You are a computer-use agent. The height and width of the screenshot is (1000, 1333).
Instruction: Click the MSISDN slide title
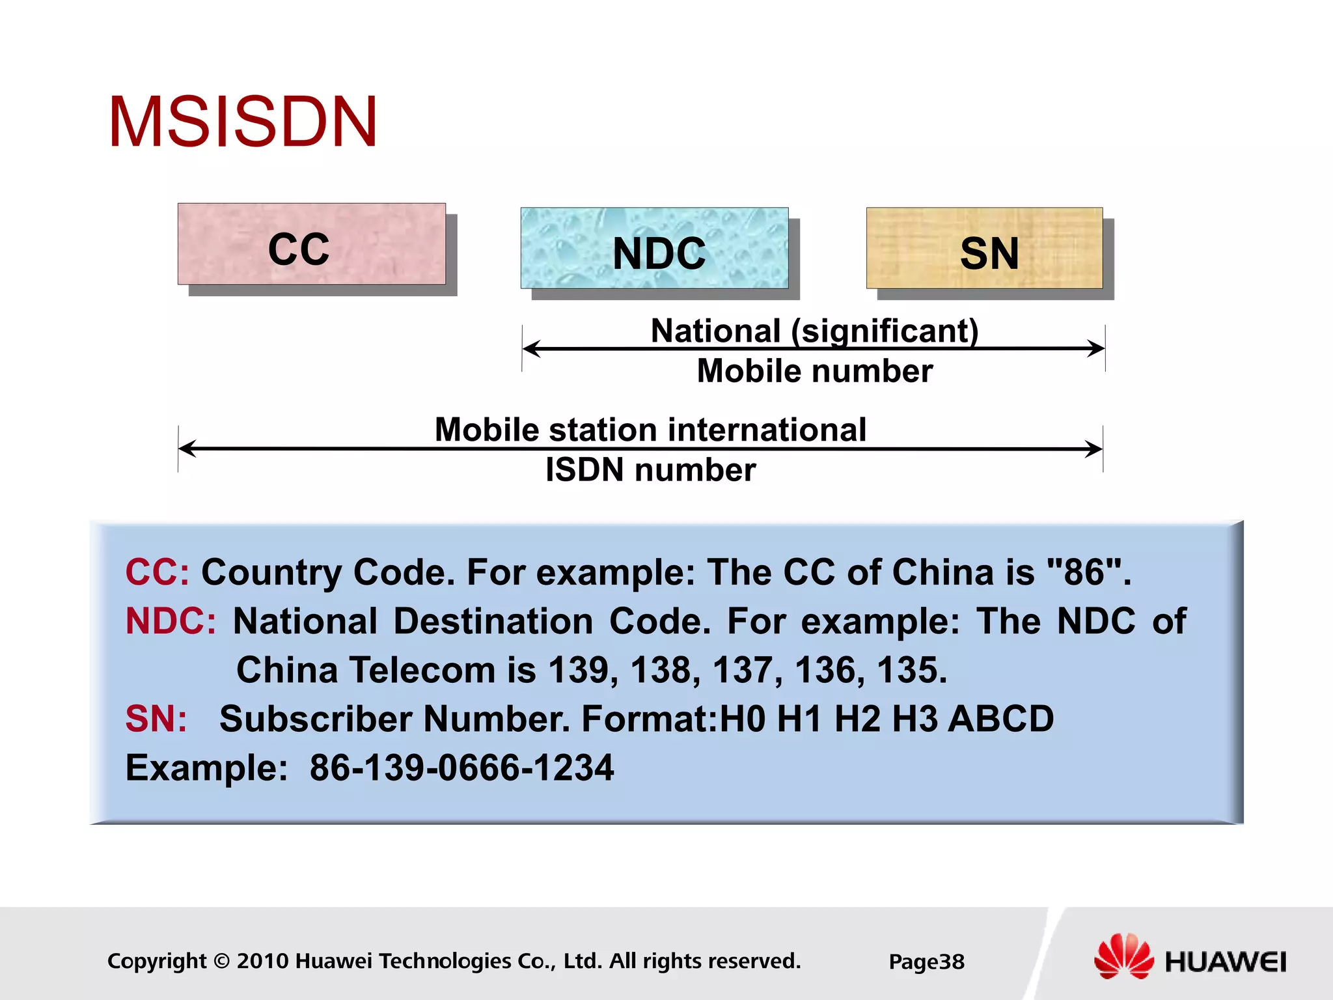(242, 122)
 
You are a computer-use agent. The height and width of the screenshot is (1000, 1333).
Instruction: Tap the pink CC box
(311, 244)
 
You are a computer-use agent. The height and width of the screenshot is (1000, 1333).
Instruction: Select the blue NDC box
(654, 248)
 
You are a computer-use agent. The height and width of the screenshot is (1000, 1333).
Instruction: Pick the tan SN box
(984, 248)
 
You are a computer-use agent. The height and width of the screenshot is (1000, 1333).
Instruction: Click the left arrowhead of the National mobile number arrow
(531, 348)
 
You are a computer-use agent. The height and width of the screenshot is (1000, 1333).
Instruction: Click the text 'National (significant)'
(814, 331)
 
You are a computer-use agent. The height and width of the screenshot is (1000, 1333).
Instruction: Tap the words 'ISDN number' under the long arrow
(650, 469)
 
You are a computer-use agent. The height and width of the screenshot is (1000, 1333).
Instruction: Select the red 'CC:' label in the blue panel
(157, 572)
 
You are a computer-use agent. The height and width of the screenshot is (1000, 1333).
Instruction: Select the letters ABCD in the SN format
(1000, 719)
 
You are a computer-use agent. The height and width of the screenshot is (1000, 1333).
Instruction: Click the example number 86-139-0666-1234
(461, 768)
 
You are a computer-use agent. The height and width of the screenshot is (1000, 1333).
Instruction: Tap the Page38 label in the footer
(926, 962)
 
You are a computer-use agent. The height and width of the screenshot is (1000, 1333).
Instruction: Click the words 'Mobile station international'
(650, 430)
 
